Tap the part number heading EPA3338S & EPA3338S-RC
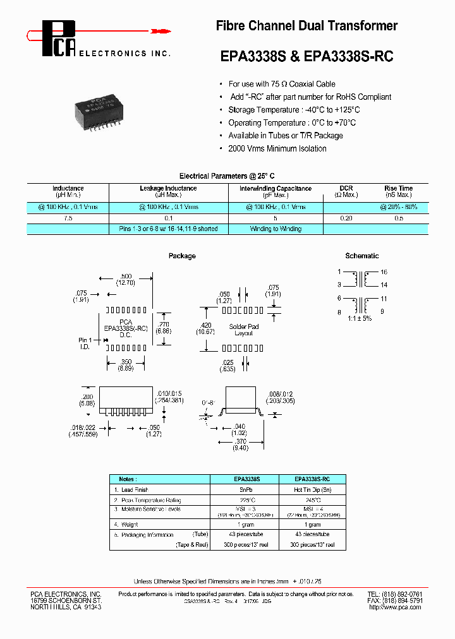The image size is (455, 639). (306, 56)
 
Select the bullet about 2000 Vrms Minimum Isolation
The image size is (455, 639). (277, 149)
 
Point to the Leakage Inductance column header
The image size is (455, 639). (167, 191)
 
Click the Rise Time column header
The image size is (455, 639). (398, 191)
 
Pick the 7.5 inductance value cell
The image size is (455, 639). (68, 218)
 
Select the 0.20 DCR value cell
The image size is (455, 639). (346, 218)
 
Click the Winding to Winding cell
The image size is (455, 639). (276, 229)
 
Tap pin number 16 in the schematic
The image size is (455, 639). (384, 272)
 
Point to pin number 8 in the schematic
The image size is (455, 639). (339, 312)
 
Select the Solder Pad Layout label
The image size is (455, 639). (243, 330)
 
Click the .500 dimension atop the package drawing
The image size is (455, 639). (125, 277)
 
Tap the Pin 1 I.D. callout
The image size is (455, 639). (85, 343)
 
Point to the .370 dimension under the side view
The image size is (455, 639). (240, 442)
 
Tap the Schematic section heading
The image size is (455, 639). (361, 256)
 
